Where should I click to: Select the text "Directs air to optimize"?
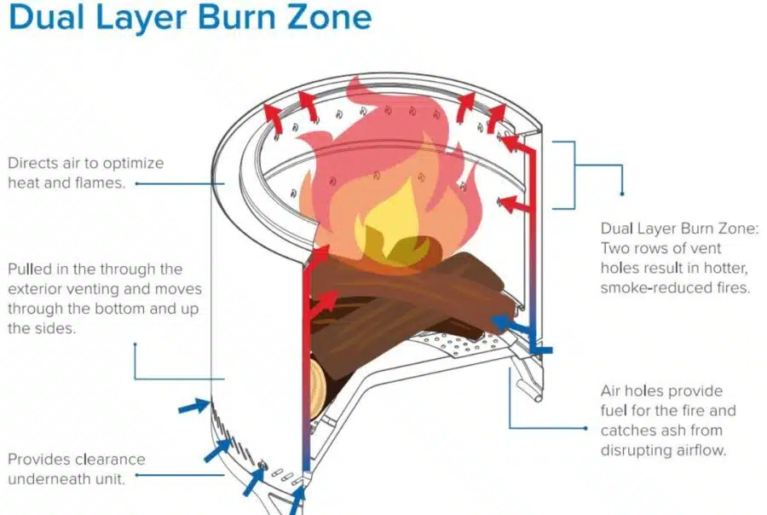(x=85, y=162)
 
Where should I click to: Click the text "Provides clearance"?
(x=77, y=460)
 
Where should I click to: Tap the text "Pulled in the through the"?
(x=95, y=269)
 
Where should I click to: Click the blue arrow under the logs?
(x=511, y=321)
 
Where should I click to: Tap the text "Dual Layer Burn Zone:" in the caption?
(x=678, y=229)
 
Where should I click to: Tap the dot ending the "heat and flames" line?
(x=136, y=182)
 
